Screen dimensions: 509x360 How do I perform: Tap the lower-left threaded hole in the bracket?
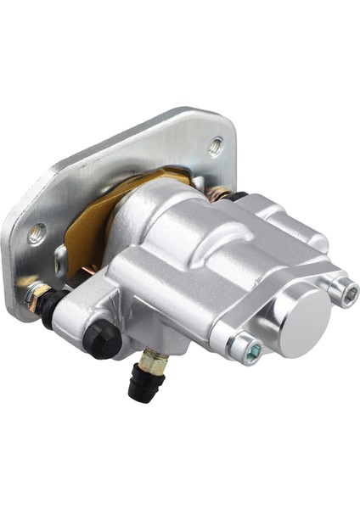click(x=36, y=232)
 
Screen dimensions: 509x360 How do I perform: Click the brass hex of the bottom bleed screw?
click(x=150, y=356)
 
